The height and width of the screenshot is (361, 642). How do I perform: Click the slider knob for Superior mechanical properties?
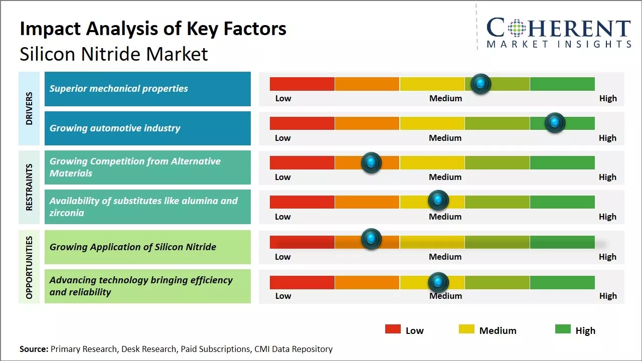tap(481, 84)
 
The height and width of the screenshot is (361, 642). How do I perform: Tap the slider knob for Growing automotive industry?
tap(555, 123)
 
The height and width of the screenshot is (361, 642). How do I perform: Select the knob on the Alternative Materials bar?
tap(371, 162)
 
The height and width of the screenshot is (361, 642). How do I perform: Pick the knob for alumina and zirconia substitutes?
tap(438, 201)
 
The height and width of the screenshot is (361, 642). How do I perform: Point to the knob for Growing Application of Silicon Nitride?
tap(371, 239)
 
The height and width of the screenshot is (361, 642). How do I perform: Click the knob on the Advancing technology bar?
tap(438, 282)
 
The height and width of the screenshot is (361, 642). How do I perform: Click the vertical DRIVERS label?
tap(29, 108)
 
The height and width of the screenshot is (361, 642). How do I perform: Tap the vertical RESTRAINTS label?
tap(29, 187)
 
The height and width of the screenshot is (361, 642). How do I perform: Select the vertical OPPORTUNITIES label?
tap(29, 267)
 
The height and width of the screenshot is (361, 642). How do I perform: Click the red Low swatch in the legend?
tap(393, 329)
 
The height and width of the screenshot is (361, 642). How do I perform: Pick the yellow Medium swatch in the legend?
tap(466, 329)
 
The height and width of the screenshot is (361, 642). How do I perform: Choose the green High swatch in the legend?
tap(563, 329)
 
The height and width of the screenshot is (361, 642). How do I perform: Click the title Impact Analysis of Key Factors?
tap(153, 29)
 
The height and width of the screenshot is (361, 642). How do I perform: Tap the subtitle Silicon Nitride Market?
tap(114, 54)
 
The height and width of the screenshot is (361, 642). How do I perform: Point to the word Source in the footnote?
tap(34, 349)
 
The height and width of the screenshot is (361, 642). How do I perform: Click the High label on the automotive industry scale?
tap(607, 138)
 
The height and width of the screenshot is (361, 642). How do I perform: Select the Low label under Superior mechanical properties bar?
tap(283, 98)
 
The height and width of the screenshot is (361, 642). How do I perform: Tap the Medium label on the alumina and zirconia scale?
tap(445, 217)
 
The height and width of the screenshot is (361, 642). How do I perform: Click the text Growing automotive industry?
tap(115, 128)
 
